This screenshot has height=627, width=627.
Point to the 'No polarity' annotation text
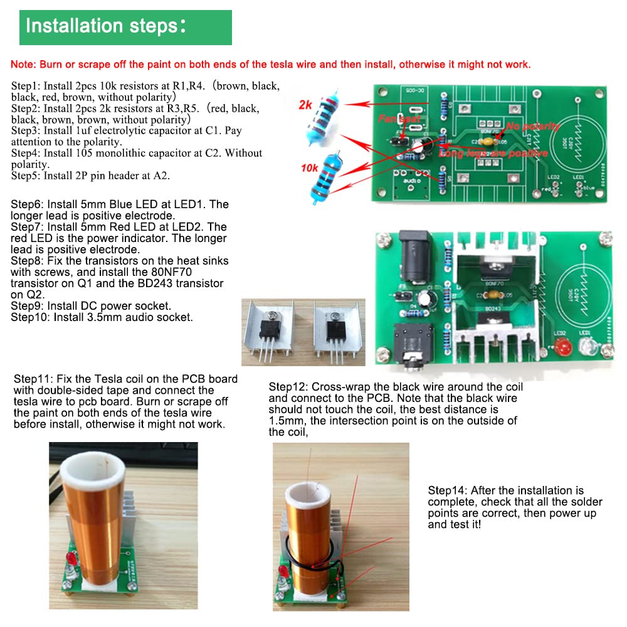click(x=532, y=127)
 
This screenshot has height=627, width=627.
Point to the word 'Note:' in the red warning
click(x=24, y=65)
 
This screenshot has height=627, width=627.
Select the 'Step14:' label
click(x=448, y=490)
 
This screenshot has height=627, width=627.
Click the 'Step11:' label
click(x=34, y=379)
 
